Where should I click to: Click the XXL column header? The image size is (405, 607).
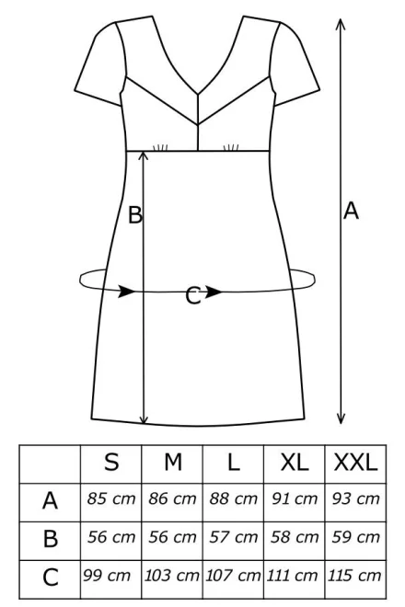pos(355,462)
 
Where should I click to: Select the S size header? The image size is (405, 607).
pos(111,462)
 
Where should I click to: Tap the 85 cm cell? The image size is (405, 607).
pos(111,498)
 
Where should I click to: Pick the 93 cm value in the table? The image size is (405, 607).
pos(356,498)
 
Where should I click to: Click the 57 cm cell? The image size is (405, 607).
pos(233,537)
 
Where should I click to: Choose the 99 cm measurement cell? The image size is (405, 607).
pos(107,576)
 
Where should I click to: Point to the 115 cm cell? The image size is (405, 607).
pos(354,576)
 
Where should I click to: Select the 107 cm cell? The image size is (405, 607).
pos(233,576)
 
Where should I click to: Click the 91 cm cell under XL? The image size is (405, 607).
pos(295,498)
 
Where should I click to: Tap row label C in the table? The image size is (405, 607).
pos(51,578)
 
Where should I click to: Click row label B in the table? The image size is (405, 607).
pos(51,538)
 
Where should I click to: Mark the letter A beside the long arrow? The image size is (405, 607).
pos(351,211)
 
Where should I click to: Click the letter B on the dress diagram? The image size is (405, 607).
pos(135,215)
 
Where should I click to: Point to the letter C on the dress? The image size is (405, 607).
pos(193,296)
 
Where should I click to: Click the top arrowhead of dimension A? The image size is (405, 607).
pos(341,23)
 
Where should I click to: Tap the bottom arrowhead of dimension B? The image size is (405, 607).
pos(144,418)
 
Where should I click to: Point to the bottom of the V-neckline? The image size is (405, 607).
pos(198,93)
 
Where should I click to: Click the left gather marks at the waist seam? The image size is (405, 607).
pos(160,147)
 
